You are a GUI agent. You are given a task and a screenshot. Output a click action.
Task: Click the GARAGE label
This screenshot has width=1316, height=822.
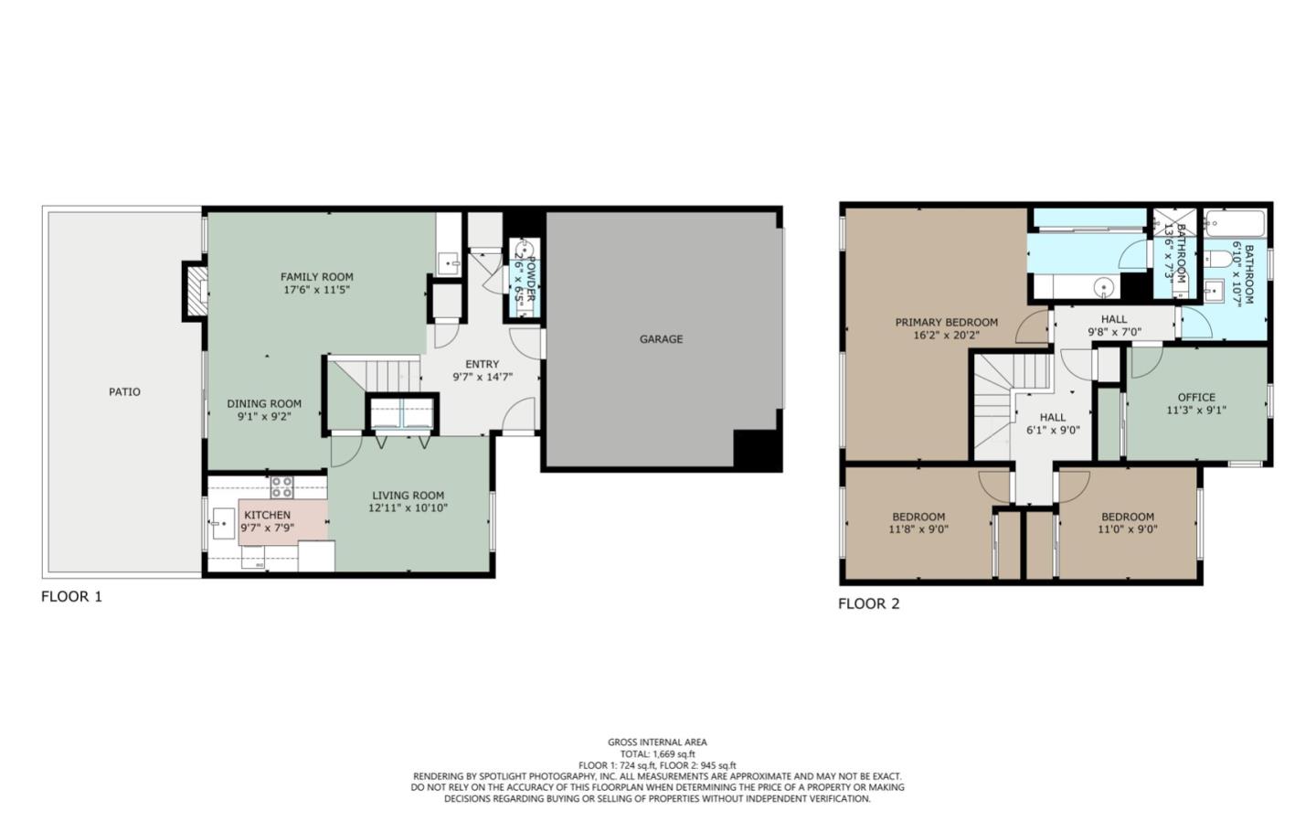pos(661,339)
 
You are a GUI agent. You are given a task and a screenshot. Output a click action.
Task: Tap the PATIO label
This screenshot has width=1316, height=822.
pos(125,392)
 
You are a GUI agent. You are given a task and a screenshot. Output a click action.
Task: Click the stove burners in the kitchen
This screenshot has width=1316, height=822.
pos(281,487)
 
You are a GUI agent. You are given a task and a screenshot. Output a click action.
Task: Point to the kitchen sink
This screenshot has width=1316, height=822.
pos(223,524)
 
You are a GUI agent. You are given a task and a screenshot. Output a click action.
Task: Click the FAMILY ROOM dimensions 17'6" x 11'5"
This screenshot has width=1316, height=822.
pos(316,290)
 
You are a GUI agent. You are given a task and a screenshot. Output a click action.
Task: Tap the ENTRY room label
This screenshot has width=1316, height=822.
pos(483,364)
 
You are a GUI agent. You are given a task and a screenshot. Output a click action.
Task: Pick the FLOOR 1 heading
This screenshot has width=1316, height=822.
pos(71,597)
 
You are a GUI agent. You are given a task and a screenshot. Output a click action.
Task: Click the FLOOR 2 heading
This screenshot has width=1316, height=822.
pos(869,603)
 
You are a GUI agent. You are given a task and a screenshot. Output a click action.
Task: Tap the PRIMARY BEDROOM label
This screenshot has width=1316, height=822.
pos(946,323)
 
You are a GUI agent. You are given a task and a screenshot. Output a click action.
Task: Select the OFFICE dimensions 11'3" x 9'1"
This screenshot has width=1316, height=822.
pos(1196,411)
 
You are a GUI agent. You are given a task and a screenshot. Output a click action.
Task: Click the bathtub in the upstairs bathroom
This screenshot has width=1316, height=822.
pos(1234,222)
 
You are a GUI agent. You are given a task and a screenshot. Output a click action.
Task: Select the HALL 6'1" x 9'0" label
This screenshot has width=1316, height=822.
pos(1053,423)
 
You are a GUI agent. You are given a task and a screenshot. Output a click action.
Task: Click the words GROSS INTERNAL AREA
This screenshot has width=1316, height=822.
pos(657,742)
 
